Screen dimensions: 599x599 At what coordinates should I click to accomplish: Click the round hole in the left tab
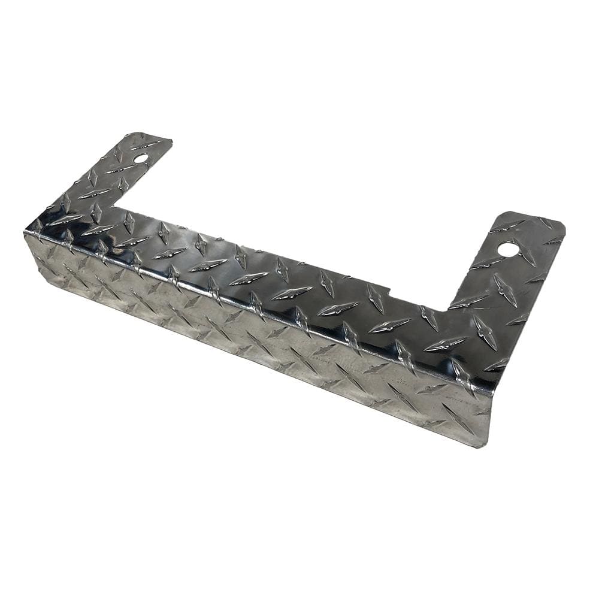coord(141,159)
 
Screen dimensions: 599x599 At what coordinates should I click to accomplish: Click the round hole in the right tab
coord(507,248)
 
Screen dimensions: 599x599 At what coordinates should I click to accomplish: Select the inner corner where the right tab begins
coord(446,309)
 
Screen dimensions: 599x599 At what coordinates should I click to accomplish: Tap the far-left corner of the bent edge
coord(25,232)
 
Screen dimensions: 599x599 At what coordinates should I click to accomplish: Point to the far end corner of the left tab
coord(171,141)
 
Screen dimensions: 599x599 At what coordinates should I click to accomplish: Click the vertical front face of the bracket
coord(258,335)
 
